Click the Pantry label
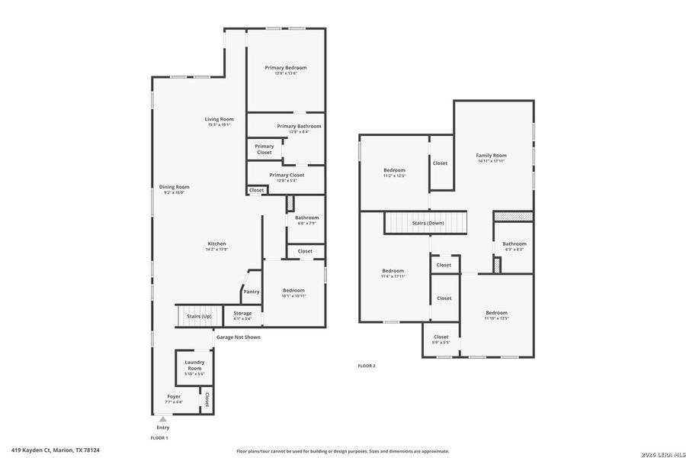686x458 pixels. click(x=251, y=292)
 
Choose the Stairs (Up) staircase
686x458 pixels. click(x=196, y=315)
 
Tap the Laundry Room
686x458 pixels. click(x=194, y=368)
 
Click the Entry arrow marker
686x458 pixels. click(x=162, y=419)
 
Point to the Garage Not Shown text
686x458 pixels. click(x=238, y=337)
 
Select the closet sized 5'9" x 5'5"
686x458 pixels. click(x=441, y=339)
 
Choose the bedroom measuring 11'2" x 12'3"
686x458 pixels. click(x=394, y=173)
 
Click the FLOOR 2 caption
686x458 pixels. click(x=367, y=366)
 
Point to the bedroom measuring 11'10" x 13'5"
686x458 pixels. click(x=496, y=315)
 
